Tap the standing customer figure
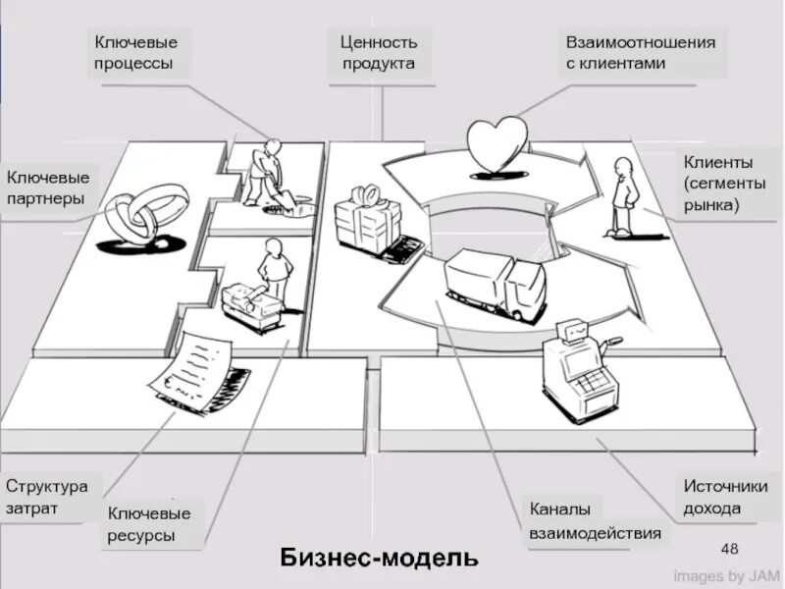(622, 195)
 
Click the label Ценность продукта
(379, 53)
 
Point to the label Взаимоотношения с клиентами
(640, 53)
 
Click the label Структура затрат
(46, 498)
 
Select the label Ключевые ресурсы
(149, 524)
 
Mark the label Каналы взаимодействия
(595, 521)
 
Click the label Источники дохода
(725, 497)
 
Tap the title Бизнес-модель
(380, 558)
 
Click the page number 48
(729, 547)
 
